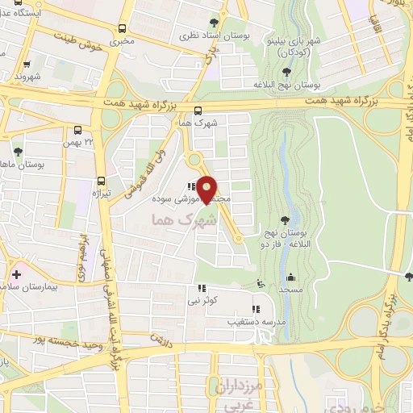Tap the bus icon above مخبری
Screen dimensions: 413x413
122,27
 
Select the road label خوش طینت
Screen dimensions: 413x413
78,43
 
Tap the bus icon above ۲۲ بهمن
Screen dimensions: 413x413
78,130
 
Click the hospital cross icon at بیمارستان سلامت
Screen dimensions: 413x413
17,275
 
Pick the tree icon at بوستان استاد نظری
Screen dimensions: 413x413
213,23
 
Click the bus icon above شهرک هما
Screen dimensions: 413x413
198,111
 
